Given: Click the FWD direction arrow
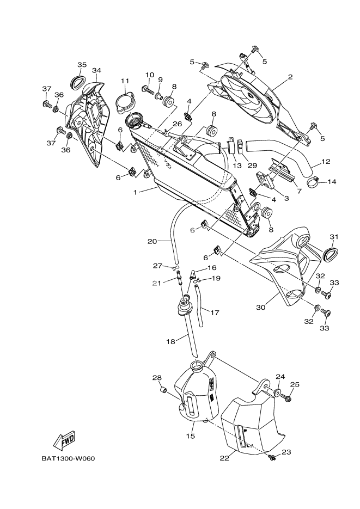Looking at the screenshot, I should pos(64,439).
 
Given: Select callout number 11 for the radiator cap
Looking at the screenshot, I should pos(125,81).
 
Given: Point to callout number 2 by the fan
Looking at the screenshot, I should pos(290,77).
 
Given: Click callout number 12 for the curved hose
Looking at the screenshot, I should pos(326,161).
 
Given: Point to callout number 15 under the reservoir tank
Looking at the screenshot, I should pos(191,436).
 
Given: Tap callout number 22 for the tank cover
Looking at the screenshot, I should pos(223,457).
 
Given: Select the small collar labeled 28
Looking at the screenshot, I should pos(162,390).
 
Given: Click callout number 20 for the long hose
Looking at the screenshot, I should pos(152,240).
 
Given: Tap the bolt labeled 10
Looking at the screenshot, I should pos(148,88).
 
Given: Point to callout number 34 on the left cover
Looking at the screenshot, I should pos(96,70).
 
